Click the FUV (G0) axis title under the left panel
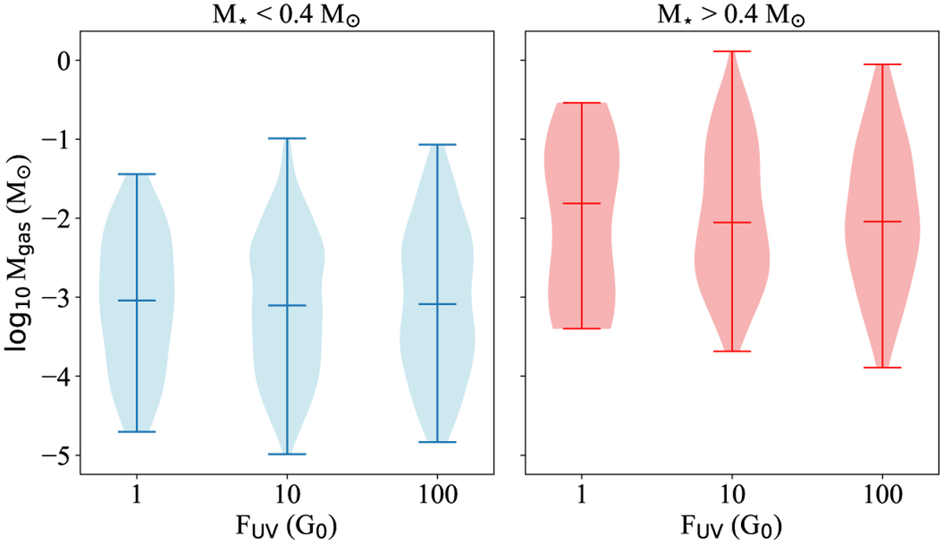coord(287,524)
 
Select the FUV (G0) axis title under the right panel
coord(731,524)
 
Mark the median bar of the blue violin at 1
coord(137,300)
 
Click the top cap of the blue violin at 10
coord(287,138)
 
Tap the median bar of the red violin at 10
coord(732,222)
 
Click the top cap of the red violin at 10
coord(732,52)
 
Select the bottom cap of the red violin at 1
coord(582,328)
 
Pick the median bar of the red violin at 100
coord(882,222)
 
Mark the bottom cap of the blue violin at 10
coord(287,454)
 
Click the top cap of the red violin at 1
coord(582,103)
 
